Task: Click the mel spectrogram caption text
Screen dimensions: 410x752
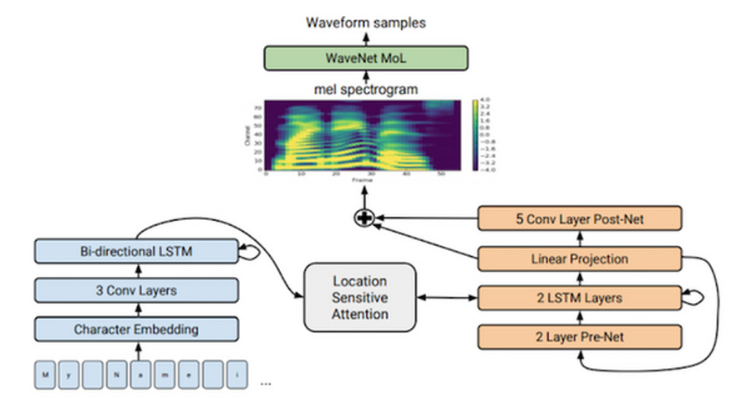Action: (366, 88)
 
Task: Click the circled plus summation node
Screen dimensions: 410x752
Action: (364, 218)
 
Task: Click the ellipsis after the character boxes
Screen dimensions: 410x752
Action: (267, 382)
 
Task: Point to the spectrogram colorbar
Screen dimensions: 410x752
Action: (474, 136)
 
